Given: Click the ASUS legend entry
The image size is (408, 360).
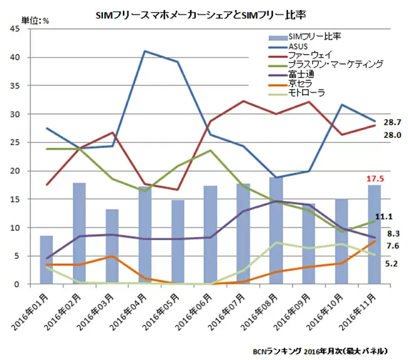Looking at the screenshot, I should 298,46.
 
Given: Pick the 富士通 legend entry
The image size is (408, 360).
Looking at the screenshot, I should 299,74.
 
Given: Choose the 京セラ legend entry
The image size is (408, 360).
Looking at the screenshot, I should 299,83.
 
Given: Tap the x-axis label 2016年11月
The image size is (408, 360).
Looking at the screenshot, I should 358,314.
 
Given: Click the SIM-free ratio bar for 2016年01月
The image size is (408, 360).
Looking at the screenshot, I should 46,260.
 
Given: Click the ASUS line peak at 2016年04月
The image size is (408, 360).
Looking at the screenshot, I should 145,51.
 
